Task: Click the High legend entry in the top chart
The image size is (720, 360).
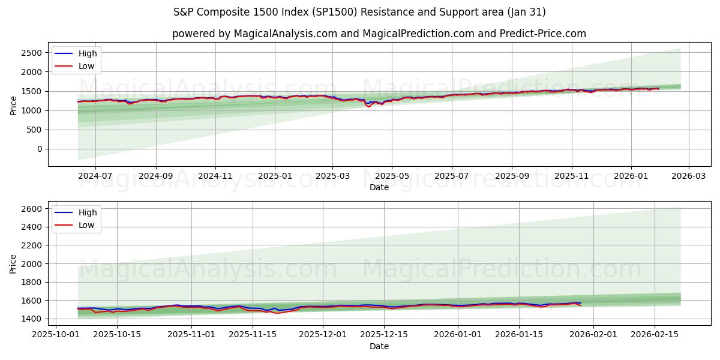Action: [x=87, y=53]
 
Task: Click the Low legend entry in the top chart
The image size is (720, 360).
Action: [x=86, y=66]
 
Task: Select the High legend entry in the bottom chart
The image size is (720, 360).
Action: [x=87, y=212]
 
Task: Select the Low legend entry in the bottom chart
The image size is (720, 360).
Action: [x=86, y=225]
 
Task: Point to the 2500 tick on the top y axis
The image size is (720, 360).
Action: [x=31, y=53]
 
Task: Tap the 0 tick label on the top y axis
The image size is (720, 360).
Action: [x=39, y=149]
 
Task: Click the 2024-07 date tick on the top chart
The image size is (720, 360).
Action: [x=95, y=176]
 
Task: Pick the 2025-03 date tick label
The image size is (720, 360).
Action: [x=332, y=176]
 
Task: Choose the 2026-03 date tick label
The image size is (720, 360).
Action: [x=688, y=176]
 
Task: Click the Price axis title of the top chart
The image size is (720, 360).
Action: [x=14, y=104]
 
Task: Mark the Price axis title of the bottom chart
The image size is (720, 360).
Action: [x=14, y=263]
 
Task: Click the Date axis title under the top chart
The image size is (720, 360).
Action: [x=379, y=187]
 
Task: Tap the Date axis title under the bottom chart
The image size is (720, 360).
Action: [x=379, y=346]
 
